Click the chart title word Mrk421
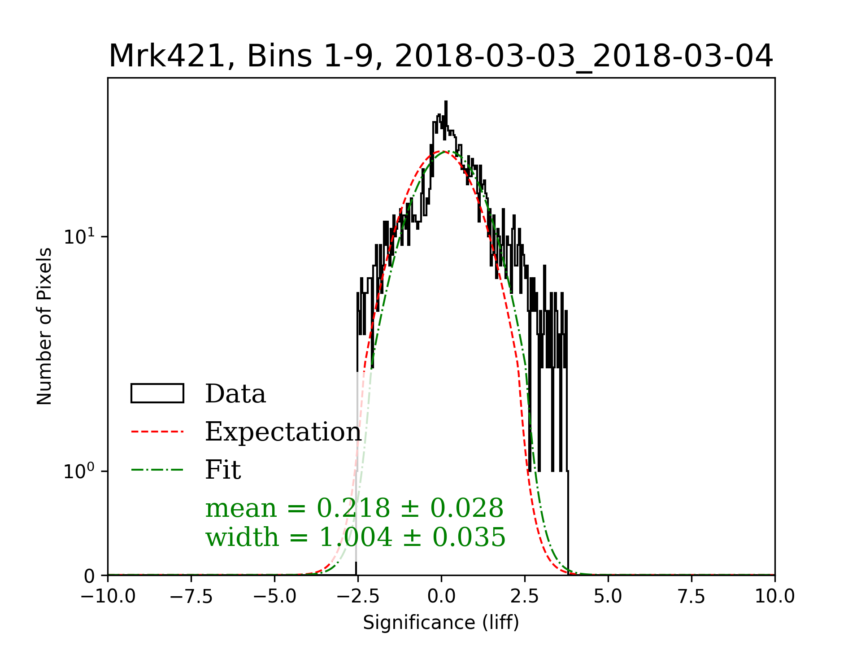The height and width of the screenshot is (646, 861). (166, 57)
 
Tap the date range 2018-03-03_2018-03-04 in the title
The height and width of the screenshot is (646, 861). (583, 57)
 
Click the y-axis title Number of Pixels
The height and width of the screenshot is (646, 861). (44, 326)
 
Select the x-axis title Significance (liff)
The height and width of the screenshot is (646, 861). (441, 623)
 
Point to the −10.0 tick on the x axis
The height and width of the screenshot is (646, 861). (108, 596)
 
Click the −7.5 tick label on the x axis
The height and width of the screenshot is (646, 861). (191, 596)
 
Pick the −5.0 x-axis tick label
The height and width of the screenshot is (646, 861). (275, 596)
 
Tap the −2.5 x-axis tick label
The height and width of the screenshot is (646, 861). (358, 596)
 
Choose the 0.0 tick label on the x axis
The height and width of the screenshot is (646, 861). (441, 596)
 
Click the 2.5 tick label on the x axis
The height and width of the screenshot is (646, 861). (525, 596)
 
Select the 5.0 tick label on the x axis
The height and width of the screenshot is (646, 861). (608, 596)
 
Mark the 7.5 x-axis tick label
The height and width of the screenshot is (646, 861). (691, 596)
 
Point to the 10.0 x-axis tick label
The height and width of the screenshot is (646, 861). (774, 596)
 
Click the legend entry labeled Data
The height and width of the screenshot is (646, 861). (235, 394)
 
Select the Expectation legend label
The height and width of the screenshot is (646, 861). (283, 432)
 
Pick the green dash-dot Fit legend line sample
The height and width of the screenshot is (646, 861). (157, 470)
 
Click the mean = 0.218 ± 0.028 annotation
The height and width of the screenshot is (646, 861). (354, 508)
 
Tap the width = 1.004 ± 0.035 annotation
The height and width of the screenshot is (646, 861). (355, 537)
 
